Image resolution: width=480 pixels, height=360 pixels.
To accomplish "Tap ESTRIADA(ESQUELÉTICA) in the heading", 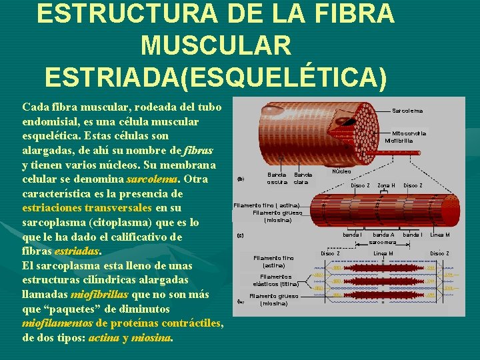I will tap(215, 77).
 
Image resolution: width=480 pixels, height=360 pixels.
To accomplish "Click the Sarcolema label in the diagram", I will tap(407, 110).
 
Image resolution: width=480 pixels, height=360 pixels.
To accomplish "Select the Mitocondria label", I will tap(409, 133).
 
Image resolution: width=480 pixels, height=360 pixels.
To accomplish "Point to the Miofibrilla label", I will tap(399, 141).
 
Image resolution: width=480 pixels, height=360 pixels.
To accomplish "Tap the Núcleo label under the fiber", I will tap(341, 171).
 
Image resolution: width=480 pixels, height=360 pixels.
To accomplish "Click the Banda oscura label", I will tap(277, 179).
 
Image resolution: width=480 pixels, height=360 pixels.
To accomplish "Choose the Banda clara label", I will tap(302, 179).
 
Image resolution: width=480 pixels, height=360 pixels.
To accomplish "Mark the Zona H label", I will tap(386, 185).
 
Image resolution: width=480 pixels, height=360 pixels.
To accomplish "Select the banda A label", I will tap(383, 235).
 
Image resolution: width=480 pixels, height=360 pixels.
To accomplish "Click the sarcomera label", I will tap(383, 242).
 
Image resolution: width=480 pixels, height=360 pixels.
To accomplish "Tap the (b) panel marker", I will tap(241, 179).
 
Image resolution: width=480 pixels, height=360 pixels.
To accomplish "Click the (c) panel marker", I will tap(241, 235).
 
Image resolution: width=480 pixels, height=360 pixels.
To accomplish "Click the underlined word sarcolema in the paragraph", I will tap(152, 179).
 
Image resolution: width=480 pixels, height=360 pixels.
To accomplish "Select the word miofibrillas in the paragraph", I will tap(99, 295).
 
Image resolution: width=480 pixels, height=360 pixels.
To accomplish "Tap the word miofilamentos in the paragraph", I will tap(57, 323).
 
